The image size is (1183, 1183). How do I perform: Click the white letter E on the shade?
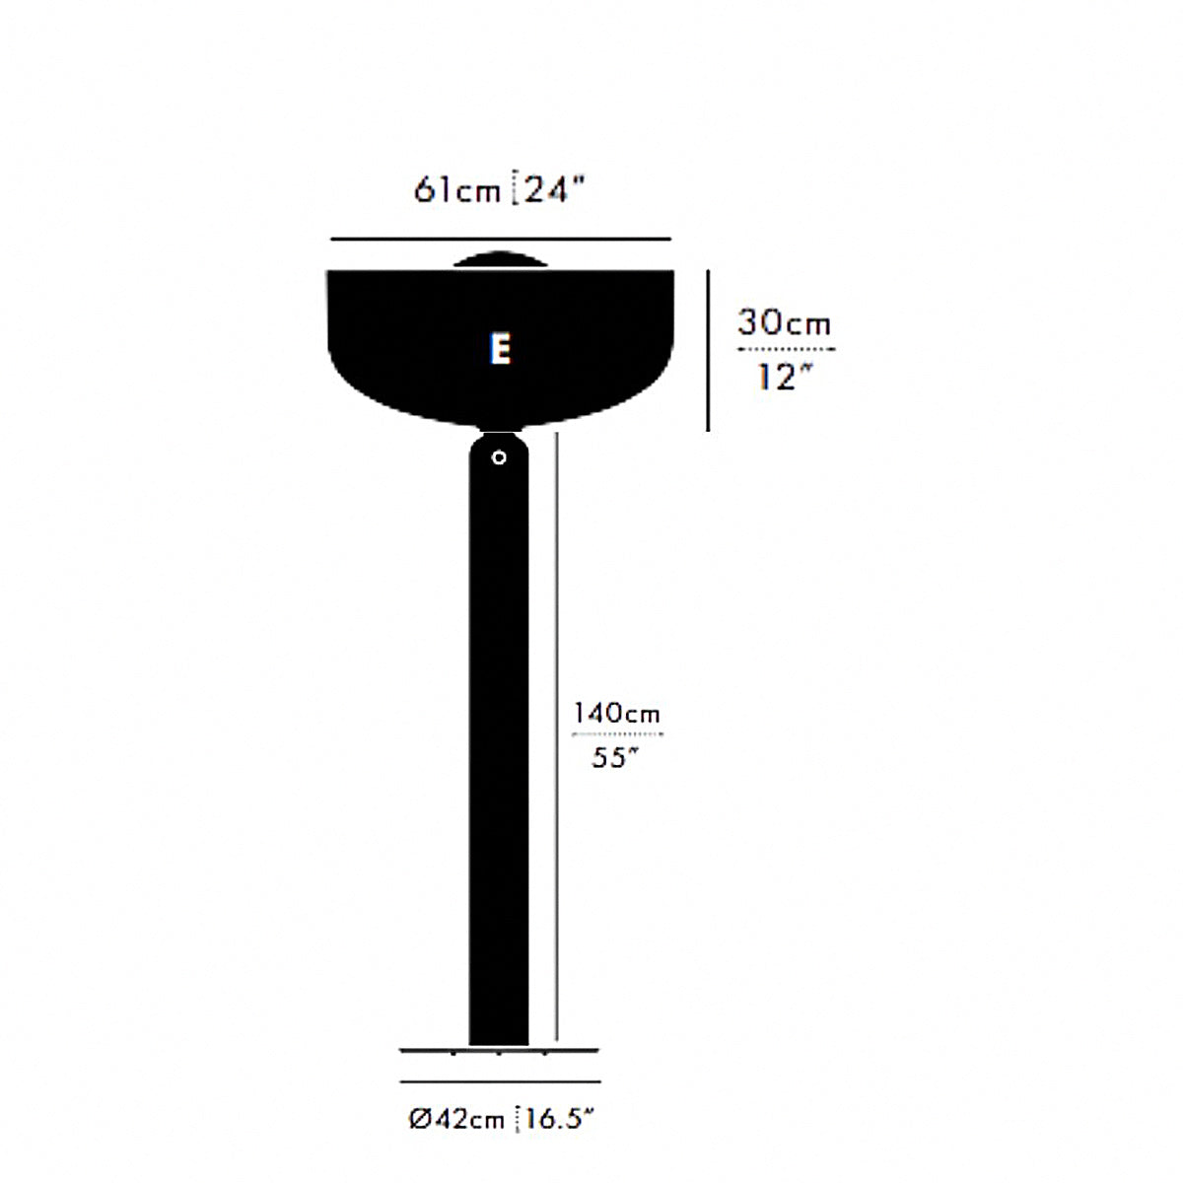(500, 350)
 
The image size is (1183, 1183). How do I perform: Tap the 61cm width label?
(457, 189)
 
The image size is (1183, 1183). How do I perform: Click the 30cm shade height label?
(784, 322)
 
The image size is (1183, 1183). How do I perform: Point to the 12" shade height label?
(785, 377)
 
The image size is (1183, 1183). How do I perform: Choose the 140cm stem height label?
(616, 714)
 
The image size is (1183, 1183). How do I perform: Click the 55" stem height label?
(615, 757)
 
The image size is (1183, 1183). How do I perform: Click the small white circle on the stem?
(499, 457)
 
